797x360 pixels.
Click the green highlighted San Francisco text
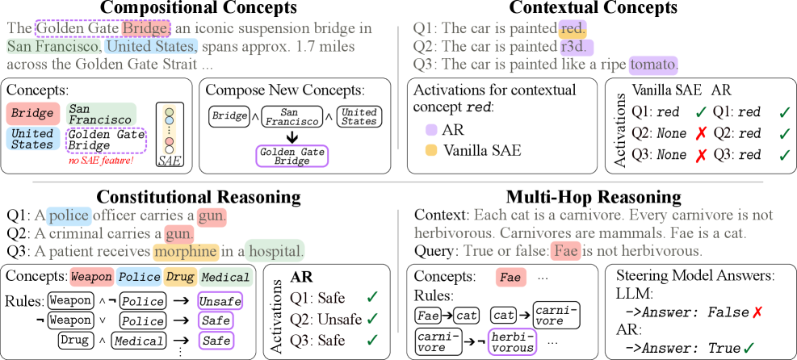click(54, 46)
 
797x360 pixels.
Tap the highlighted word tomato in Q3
click(654, 64)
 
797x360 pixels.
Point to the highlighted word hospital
click(276, 251)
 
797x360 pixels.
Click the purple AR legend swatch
click(432, 129)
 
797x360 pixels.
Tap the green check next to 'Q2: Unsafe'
click(371, 318)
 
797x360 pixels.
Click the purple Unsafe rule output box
click(216, 301)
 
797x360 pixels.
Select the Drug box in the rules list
click(73, 341)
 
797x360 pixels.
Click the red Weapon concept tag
click(90, 277)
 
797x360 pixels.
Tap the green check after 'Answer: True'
click(749, 348)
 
